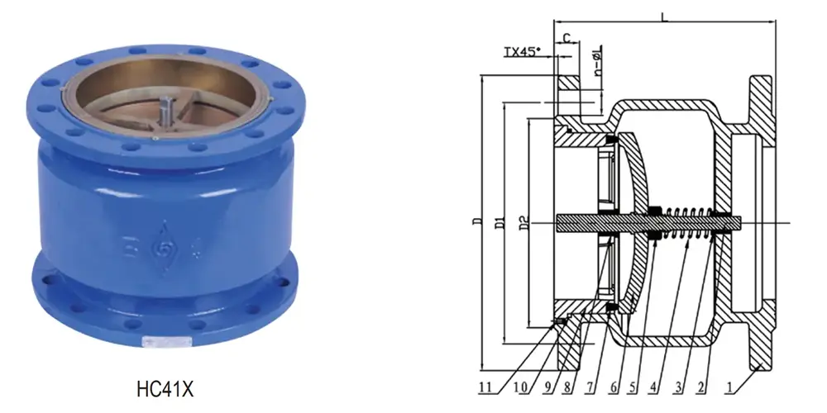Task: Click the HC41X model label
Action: [165, 386]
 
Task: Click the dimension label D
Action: [474, 222]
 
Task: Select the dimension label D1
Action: [496, 222]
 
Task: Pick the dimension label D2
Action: [521, 222]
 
